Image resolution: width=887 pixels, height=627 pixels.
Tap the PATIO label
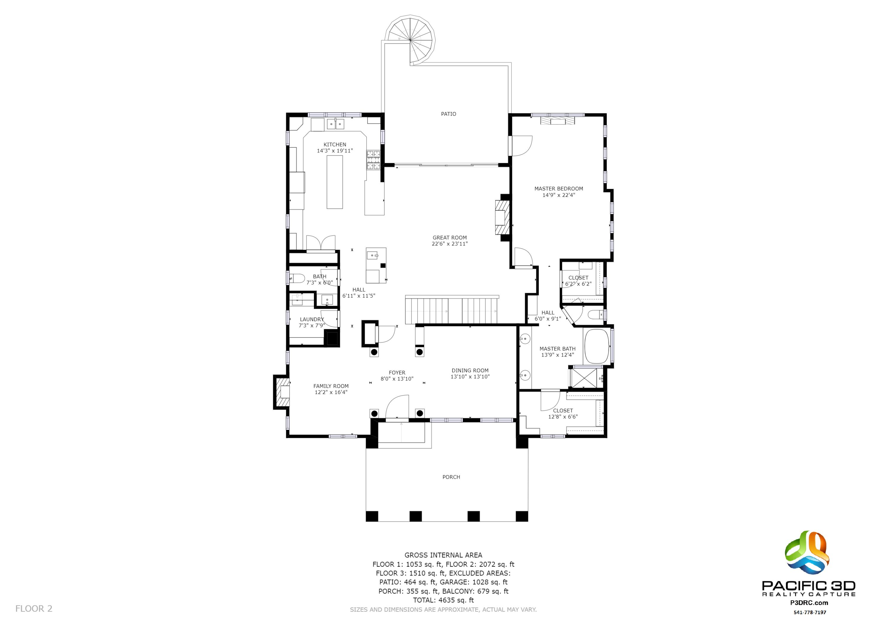(x=449, y=114)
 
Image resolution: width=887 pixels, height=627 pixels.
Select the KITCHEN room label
(x=335, y=145)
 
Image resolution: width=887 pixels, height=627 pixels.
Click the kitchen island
(x=335, y=182)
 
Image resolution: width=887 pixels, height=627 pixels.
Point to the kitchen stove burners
(x=373, y=160)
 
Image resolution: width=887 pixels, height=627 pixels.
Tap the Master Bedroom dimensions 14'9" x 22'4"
(x=558, y=195)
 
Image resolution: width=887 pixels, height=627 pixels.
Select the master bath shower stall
(x=586, y=378)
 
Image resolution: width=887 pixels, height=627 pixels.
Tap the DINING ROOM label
(x=470, y=370)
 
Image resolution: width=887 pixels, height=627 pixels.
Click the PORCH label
(x=451, y=477)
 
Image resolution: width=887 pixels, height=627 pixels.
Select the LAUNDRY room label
(x=312, y=320)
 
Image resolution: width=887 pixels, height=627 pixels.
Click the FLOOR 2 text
(x=34, y=609)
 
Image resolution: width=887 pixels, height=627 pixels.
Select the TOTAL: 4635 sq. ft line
(x=443, y=600)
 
